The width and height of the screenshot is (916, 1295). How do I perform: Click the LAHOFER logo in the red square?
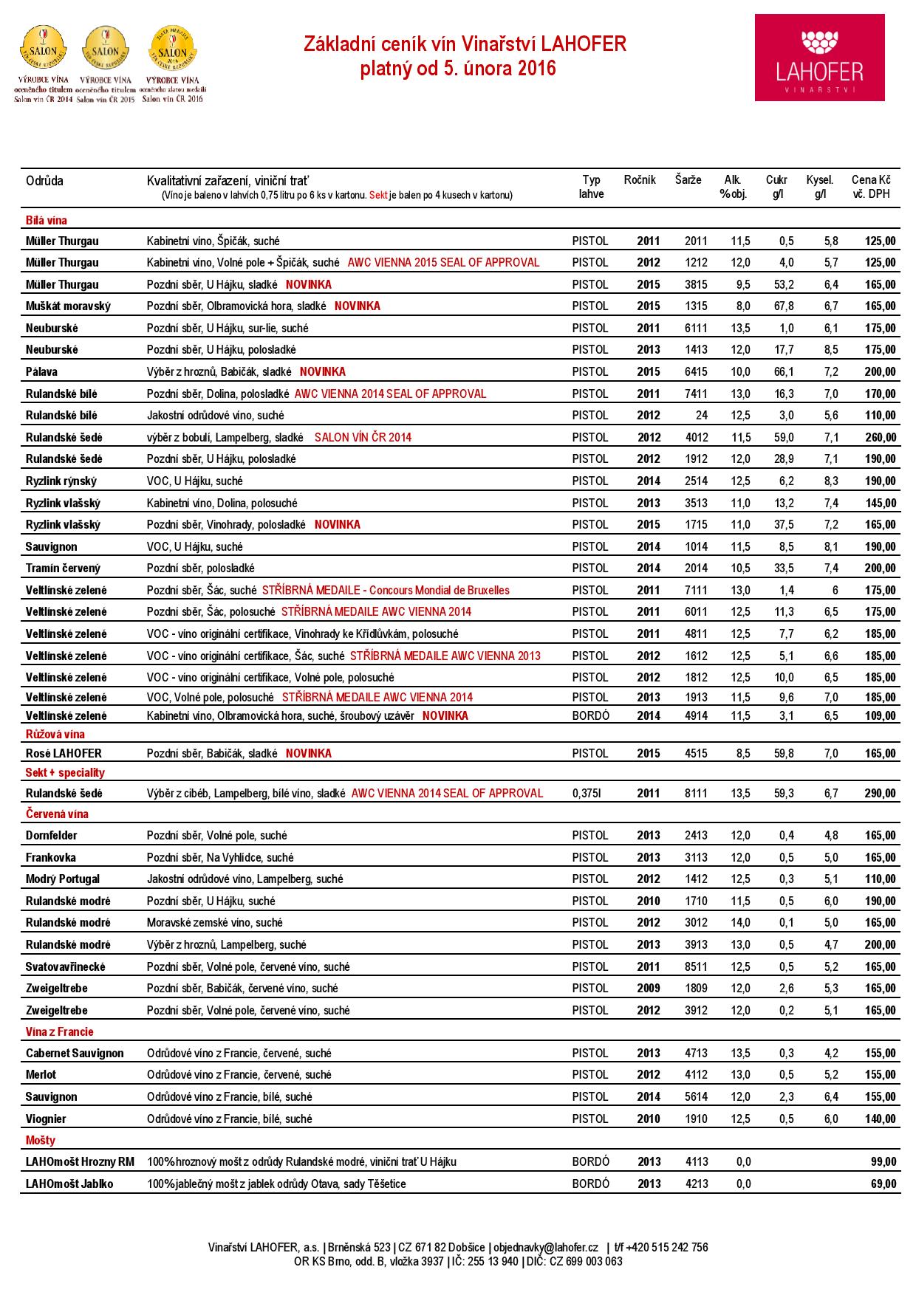(819, 58)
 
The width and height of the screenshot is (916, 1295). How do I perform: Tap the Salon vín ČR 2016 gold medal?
(173, 48)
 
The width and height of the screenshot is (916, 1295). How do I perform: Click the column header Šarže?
(688, 180)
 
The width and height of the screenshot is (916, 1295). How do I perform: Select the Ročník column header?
(640, 180)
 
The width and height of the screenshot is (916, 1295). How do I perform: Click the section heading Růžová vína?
(55, 735)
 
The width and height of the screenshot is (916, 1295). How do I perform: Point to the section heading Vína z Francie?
(60, 1032)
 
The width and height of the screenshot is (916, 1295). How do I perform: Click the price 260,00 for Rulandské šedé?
(881, 437)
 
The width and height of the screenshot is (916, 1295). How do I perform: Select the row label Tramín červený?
(63, 569)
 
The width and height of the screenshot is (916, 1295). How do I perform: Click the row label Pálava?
(43, 372)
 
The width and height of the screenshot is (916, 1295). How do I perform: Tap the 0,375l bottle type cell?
(587, 794)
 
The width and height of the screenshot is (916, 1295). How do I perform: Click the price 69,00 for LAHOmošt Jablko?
(883, 1184)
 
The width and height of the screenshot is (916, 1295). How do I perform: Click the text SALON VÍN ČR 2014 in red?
(363, 437)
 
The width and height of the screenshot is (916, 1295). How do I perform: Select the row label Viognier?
(46, 1119)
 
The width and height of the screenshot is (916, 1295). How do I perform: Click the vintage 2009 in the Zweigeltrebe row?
(649, 989)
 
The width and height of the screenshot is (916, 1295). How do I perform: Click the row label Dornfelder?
(52, 836)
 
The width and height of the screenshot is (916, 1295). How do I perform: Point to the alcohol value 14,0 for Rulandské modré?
(740, 923)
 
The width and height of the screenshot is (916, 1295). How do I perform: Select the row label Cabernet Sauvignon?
(75, 1054)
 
